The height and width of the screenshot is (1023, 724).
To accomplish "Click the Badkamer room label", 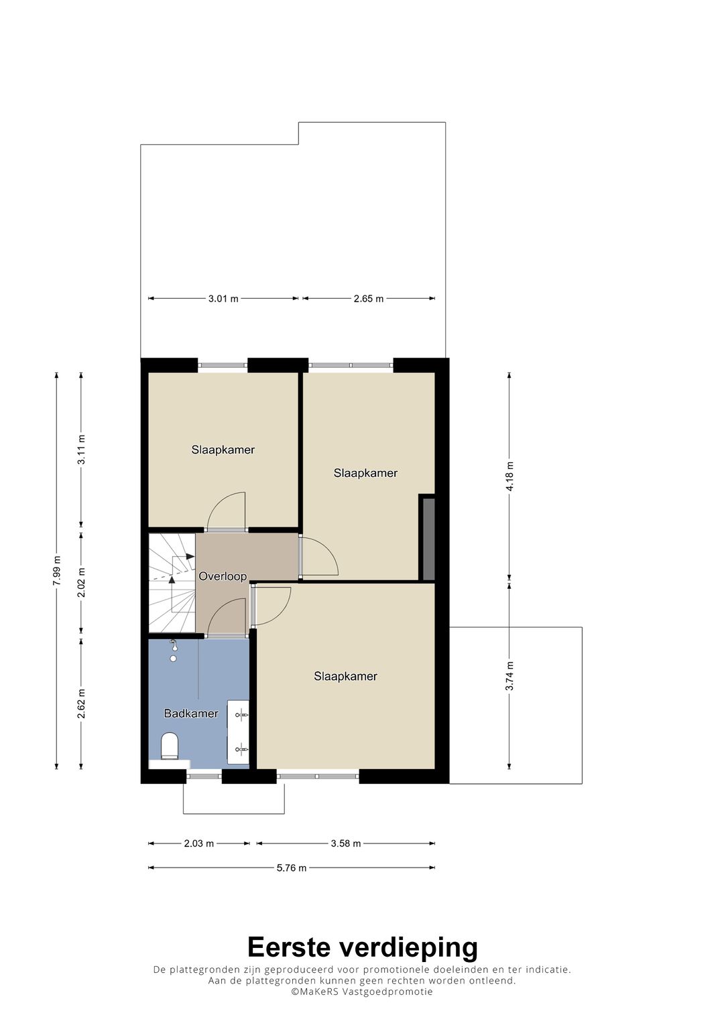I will coord(191,713).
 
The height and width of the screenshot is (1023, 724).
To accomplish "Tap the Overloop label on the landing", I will coord(223,576).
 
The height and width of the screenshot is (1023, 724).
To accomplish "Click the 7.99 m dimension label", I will coord(56,571).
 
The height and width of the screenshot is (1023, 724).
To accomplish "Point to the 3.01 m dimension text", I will coord(223,299).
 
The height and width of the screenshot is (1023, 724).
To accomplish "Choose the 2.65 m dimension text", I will coord(369,299).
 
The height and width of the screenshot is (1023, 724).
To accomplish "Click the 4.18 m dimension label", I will coord(509,476).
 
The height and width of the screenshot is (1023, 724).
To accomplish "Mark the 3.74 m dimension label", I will coord(509,676).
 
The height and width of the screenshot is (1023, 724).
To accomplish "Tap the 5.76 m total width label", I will coord(292,868).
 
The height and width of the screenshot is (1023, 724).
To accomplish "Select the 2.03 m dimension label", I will coord(199,843).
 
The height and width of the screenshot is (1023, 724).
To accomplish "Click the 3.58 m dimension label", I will coord(346,843).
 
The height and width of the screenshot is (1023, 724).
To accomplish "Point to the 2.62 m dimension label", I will coord(81,703).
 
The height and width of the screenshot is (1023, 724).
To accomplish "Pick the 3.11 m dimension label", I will coord(81,450).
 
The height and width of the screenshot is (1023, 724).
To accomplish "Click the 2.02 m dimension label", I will coord(81,582).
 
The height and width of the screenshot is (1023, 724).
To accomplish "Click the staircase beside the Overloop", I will coord(172,583).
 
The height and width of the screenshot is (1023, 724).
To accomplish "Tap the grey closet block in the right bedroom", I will coord(428,538).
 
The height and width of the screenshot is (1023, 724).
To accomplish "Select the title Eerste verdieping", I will coord(362,947).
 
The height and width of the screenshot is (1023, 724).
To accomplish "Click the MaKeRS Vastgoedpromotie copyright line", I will coord(362,992).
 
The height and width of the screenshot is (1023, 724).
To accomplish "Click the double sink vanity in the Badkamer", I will coord(239,732).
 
